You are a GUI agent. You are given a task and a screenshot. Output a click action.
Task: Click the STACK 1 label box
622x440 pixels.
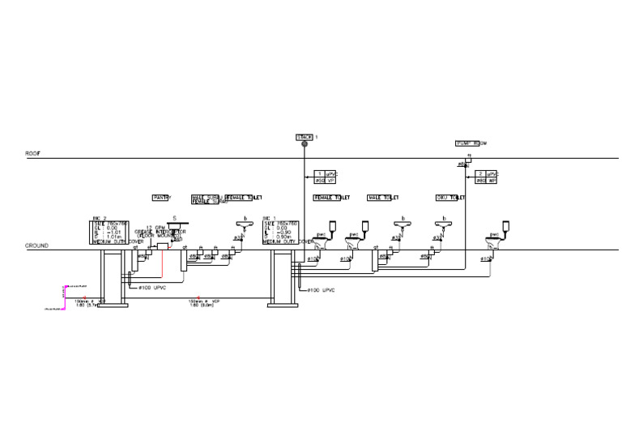(x=305, y=137)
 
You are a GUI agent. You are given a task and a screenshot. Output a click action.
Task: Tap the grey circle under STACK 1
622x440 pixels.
(x=305, y=146)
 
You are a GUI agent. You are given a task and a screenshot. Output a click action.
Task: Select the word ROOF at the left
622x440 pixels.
(x=32, y=153)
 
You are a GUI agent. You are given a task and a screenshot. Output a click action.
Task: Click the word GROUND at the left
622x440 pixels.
(x=36, y=246)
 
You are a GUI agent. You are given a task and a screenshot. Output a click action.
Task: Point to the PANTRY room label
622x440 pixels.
(x=162, y=198)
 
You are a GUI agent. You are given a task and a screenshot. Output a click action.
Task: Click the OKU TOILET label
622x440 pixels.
(x=450, y=198)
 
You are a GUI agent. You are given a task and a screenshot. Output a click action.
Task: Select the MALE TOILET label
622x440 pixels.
(x=383, y=198)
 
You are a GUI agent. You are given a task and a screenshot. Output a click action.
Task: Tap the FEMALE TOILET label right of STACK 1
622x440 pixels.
(x=331, y=198)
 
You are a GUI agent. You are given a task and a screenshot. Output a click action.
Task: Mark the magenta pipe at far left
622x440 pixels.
(x=64, y=297)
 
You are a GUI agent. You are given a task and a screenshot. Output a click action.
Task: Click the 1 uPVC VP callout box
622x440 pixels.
(x=326, y=177)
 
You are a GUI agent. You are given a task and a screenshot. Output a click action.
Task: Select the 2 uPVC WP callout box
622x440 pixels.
(x=487, y=177)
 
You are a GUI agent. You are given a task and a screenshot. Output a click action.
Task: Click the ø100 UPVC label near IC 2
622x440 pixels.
(x=152, y=288)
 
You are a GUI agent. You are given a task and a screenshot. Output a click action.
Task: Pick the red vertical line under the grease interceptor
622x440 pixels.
(x=161, y=263)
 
